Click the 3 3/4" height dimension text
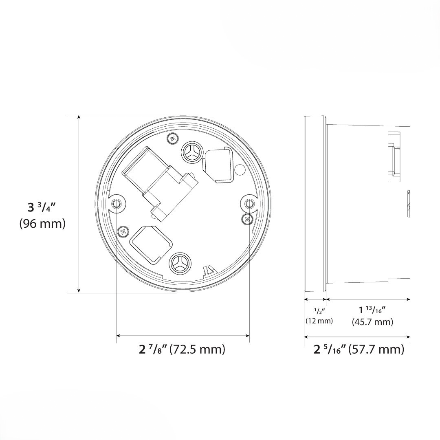click(42, 207)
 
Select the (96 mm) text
click(42, 224)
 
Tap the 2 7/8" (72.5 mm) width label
click(182, 349)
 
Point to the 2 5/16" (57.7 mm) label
click(359, 349)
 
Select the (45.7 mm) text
click(372, 322)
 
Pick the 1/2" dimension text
click(319, 312)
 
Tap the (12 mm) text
click(319, 321)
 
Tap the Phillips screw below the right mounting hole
click(247, 219)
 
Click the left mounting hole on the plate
click(117, 203)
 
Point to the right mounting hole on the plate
click(249, 202)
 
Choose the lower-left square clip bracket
click(149, 243)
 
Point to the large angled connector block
click(159, 175)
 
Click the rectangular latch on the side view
click(393, 157)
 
